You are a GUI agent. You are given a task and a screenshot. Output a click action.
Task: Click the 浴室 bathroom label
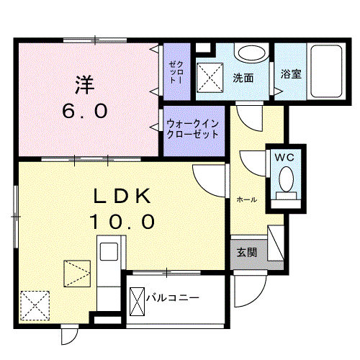click(x=290, y=74)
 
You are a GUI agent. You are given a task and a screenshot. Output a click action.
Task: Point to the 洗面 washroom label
click(x=242, y=78)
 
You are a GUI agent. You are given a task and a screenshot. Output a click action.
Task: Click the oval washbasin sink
click(x=251, y=54)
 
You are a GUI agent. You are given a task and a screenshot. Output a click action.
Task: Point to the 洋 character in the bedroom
click(x=84, y=84)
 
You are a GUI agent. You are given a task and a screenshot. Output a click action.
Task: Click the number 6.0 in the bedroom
click(x=84, y=111)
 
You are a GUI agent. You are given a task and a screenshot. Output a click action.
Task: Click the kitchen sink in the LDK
click(x=109, y=253)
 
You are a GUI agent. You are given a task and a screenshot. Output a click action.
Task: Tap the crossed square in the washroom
click(x=211, y=76)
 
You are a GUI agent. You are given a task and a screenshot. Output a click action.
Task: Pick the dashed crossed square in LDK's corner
click(x=34, y=304)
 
